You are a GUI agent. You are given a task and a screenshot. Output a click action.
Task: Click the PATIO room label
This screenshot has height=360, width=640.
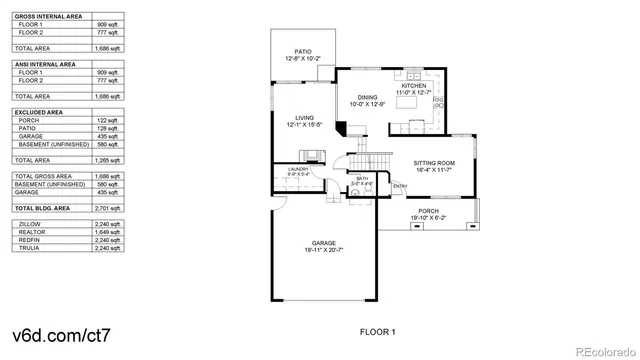tap(302, 50)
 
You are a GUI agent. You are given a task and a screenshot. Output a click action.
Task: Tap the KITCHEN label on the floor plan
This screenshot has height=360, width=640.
tap(414, 87)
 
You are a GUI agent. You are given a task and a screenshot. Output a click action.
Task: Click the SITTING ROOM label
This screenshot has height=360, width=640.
tap(435, 162)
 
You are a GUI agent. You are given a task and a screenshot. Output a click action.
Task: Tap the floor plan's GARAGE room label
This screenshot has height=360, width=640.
tap(322, 243)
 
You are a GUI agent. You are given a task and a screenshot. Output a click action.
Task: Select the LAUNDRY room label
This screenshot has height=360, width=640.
tap(298, 170)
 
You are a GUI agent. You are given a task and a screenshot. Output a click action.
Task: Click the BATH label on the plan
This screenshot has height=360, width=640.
tap(361, 179)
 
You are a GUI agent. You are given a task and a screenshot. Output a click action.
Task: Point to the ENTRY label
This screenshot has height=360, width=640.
tap(400, 186)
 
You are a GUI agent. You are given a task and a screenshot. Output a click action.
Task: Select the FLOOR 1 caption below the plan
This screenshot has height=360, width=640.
tap(378, 331)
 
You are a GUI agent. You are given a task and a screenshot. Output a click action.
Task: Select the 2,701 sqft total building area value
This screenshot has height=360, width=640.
tap(107, 207)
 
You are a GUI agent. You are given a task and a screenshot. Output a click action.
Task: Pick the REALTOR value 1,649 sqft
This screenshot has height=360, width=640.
tap(107, 231)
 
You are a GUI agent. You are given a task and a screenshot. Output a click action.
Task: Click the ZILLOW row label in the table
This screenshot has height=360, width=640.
tap(30, 224)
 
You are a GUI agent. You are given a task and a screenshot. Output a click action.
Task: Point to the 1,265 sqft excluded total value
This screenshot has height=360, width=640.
tap(107, 159)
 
